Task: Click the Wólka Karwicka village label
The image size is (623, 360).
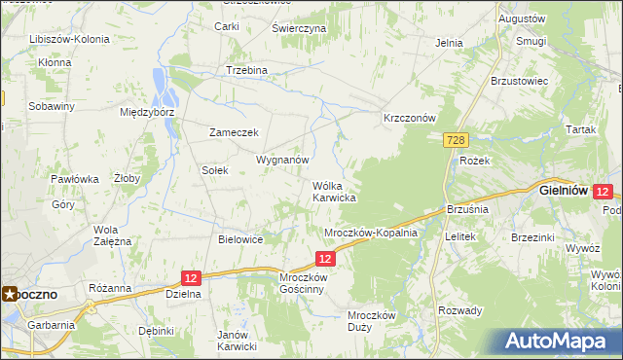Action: click(333, 191)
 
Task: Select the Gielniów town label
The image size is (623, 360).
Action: click(563, 192)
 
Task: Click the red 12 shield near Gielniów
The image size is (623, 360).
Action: click(603, 192)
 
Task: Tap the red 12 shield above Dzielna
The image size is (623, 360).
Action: click(190, 277)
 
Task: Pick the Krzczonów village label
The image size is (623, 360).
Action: click(408, 117)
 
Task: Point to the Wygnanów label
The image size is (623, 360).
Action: click(282, 159)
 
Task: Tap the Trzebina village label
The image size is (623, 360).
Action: click(246, 71)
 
